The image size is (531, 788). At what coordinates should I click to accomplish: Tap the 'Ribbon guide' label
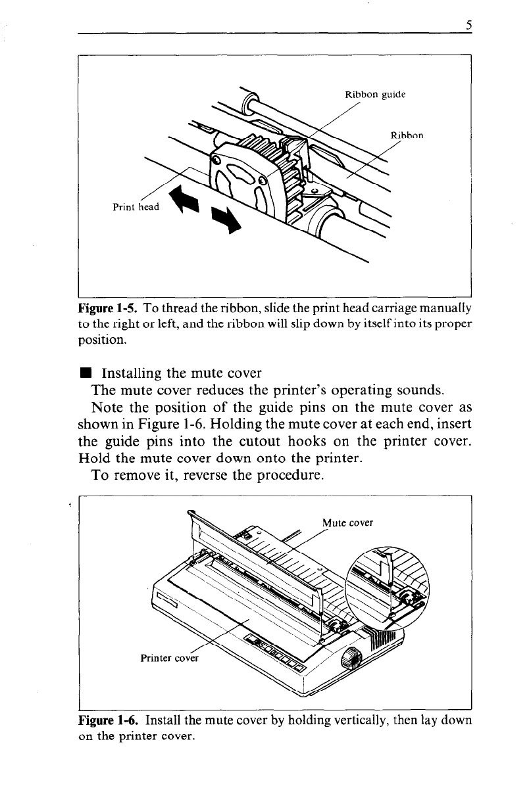[374, 93]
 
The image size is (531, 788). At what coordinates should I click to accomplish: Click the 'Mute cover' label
[348, 523]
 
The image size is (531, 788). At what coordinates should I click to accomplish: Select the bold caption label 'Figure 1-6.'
[108, 720]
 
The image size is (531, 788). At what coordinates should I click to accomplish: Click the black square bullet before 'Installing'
[84, 376]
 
